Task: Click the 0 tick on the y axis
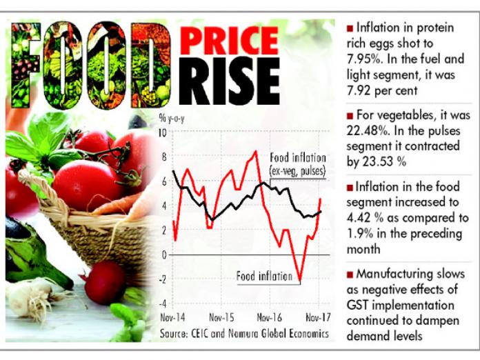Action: pos(163,254)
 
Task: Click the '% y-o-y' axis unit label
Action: pos(172,119)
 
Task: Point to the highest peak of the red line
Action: pos(255,151)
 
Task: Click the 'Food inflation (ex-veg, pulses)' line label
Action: pos(297,165)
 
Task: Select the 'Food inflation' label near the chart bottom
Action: pos(264,276)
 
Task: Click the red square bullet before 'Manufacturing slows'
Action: pos(350,274)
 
